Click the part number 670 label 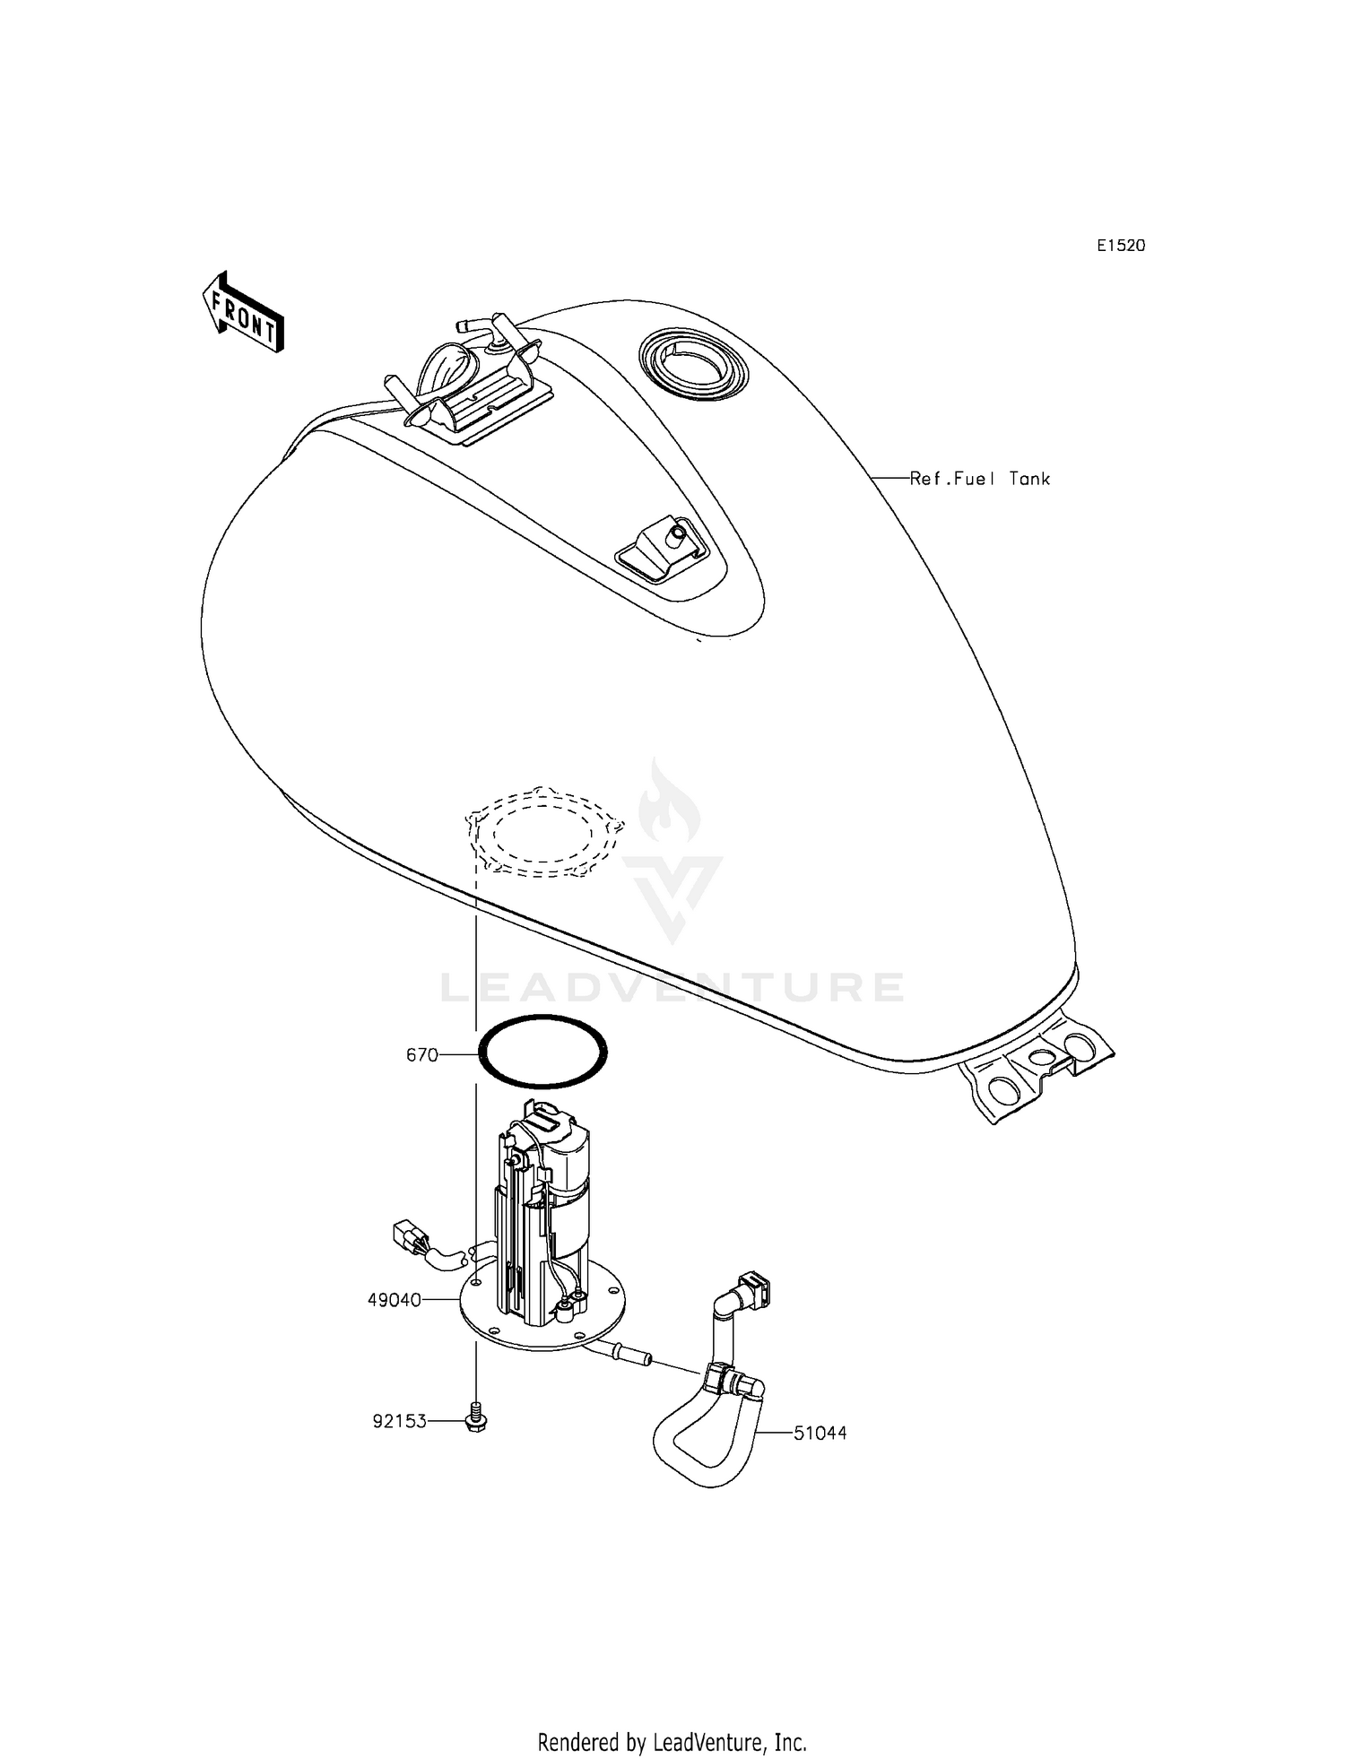pos(421,1055)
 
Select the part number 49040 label pos(394,1299)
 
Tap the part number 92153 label pos(399,1421)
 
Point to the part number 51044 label pos(820,1434)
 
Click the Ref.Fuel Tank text pos(979,479)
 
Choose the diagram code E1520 pos(1121,246)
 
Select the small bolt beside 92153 pos(476,1420)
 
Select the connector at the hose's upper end pos(751,1292)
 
